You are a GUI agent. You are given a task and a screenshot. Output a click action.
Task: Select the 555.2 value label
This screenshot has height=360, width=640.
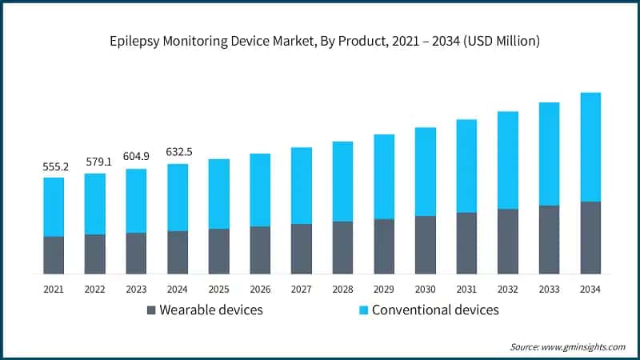[x=54, y=166]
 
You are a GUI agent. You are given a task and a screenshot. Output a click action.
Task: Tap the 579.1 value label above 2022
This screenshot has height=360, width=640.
[x=95, y=162]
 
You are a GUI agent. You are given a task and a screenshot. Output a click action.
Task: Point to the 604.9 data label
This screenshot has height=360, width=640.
[x=136, y=158]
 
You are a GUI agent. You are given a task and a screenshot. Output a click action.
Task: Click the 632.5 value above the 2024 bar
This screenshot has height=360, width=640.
[x=178, y=153]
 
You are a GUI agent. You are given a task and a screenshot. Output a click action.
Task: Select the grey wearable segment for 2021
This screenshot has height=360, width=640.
[x=54, y=255]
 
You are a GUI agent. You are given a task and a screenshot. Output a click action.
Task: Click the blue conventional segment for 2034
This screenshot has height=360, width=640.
[x=590, y=147]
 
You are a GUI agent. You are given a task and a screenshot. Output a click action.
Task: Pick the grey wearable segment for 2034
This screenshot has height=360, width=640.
[x=590, y=238]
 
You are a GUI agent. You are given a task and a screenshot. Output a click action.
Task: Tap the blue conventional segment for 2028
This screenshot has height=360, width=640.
[x=342, y=182]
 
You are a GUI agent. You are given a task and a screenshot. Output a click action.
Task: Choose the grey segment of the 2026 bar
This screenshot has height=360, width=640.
[x=260, y=250]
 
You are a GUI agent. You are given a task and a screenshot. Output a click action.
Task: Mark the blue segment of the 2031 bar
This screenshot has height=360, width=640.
[x=466, y=166]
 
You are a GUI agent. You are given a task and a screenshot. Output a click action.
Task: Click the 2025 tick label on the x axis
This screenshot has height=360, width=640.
[x=218, y=289]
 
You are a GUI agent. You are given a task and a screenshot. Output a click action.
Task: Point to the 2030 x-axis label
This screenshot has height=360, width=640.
[x=425, y=289]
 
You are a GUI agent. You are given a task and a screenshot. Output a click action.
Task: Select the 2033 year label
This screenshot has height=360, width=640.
[x=549, y=289]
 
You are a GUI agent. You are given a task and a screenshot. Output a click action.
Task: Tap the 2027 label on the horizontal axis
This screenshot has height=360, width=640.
[x=301, y=289]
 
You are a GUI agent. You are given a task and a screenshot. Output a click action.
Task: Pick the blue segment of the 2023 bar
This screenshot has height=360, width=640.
[x=136, y=201]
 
